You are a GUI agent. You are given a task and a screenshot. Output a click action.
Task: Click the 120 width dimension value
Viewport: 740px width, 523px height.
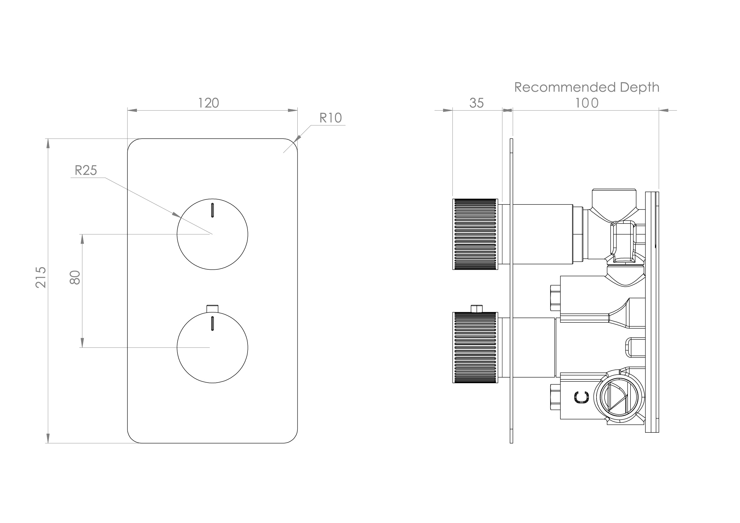pyautogui.click(x=208, y=103)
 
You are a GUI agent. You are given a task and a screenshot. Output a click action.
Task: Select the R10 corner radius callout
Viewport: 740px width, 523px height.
pyautogui.click(x=330, y=118)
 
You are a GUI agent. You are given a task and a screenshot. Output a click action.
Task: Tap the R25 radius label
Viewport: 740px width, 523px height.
pyautogui.click(x=86, y=170)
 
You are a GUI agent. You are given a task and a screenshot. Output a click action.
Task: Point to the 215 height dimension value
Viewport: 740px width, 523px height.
pyautogui.click(x=41, y=277)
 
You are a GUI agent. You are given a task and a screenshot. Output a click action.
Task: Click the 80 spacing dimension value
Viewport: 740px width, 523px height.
pyautogui.click(x=75, y=277)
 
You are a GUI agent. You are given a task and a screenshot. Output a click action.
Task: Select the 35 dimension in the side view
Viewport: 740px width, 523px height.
pyautogui.click(x=476, y=103)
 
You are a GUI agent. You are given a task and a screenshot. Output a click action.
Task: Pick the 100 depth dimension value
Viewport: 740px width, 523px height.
pyautogui.click(x=587, y=103)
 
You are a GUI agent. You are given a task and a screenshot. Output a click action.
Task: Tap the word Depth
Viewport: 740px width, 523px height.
pyautogui.click(x=639, y=87)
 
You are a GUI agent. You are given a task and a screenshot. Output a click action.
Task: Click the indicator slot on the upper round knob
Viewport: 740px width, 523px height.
pyautogui.click(x=212, y=210)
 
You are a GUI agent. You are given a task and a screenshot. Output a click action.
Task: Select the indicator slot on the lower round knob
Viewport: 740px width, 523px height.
pyautogui.click(x=212, y=324)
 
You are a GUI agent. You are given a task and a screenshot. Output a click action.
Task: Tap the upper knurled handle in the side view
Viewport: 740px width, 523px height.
pyautogui.click(x=475, y=234)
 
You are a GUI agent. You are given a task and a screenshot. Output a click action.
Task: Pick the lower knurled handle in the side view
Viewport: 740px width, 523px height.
pyautogui.click(x=475, y=347)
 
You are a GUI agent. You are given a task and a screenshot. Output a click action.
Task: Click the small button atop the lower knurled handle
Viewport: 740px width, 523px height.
pyautogui.click(x=476, y=308)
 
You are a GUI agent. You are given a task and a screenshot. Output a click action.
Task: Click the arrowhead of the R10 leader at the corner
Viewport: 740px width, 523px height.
pyautogui.click(x=298, y=139)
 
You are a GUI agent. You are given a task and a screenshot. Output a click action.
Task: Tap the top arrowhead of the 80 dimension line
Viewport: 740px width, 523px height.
pyautogui.click(x=82, y=239)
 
